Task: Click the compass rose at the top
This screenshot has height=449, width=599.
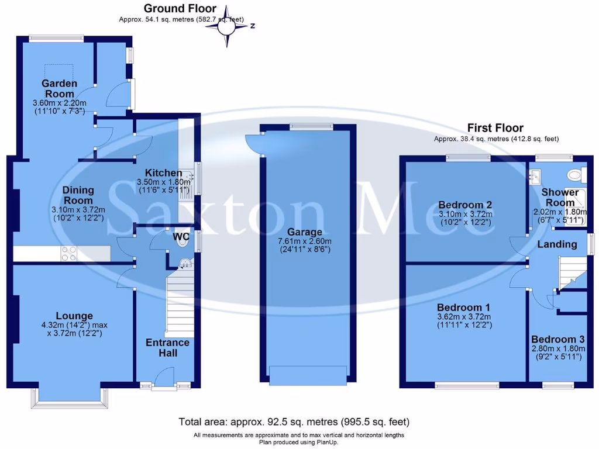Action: [228, 26]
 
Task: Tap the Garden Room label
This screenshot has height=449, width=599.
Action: [59, 89]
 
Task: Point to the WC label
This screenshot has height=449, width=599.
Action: [181, 237]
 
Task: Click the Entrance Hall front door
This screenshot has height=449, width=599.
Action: [165, 378]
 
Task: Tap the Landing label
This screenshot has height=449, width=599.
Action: [556, 244]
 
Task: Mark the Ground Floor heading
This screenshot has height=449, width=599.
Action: [180, 9]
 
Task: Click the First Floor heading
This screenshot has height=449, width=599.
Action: [495, 127]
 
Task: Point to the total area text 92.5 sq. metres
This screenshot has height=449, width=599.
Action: [294, 422]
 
